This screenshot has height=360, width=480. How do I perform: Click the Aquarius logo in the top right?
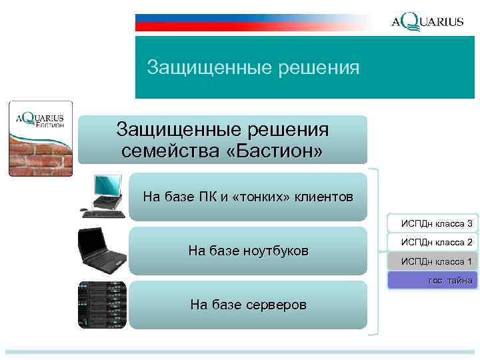click(427, 21)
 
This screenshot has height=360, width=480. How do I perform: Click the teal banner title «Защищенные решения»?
click(253, 67)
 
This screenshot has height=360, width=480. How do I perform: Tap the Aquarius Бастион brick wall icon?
click(41, 139)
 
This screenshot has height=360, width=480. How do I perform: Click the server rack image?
click(101, 304)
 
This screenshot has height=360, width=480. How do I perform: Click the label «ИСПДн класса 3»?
click(436, 223)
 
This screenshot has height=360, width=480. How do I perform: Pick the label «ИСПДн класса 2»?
click(436, 241)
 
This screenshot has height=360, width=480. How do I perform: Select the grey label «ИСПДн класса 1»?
click(436, 261)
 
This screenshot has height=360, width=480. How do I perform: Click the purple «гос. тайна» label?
click(436, 281)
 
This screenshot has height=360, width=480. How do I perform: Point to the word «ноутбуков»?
click(275, 251)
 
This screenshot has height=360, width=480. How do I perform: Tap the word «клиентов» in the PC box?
click(325, 197)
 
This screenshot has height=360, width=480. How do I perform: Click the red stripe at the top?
click(253, 27)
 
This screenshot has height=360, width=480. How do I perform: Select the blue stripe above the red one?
click(253, 17)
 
